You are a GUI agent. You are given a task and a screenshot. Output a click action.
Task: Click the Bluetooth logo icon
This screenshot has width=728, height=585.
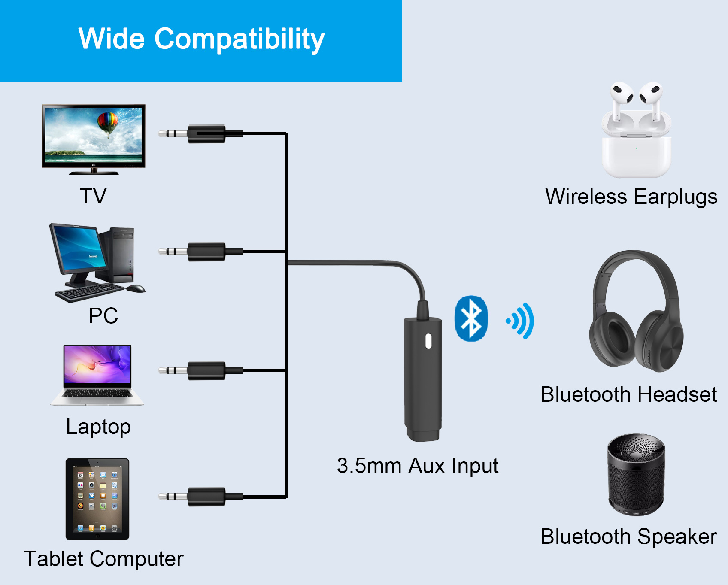[471, 318]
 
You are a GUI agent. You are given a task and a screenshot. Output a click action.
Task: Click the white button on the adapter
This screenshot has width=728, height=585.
[428, 341]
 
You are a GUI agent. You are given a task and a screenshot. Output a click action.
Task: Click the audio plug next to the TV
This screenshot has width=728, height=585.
[201, 134]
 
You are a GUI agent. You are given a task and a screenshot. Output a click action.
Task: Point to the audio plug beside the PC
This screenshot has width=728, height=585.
[201, 252]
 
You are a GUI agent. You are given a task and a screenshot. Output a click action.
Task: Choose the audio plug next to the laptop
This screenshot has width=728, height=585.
[201, 370]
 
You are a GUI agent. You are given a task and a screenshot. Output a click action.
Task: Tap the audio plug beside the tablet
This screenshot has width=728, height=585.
[201, 497]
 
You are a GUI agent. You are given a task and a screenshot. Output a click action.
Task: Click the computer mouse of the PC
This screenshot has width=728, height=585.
[136, 288]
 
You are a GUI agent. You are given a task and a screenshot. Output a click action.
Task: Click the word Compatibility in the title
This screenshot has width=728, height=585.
[240, 39]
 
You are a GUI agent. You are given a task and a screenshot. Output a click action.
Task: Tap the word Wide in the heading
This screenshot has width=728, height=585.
[112, 39]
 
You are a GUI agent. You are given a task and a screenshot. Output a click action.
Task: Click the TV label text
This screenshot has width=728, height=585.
[93, 196]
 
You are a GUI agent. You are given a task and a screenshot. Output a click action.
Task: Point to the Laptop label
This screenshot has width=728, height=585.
[98, 427]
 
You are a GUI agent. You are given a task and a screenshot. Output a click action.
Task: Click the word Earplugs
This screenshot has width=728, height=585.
[676, 197]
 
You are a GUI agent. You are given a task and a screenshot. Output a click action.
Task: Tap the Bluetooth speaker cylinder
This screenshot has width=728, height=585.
[636, 475]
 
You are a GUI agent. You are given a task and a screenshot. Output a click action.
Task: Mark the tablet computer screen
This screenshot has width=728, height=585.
[97, 499]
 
